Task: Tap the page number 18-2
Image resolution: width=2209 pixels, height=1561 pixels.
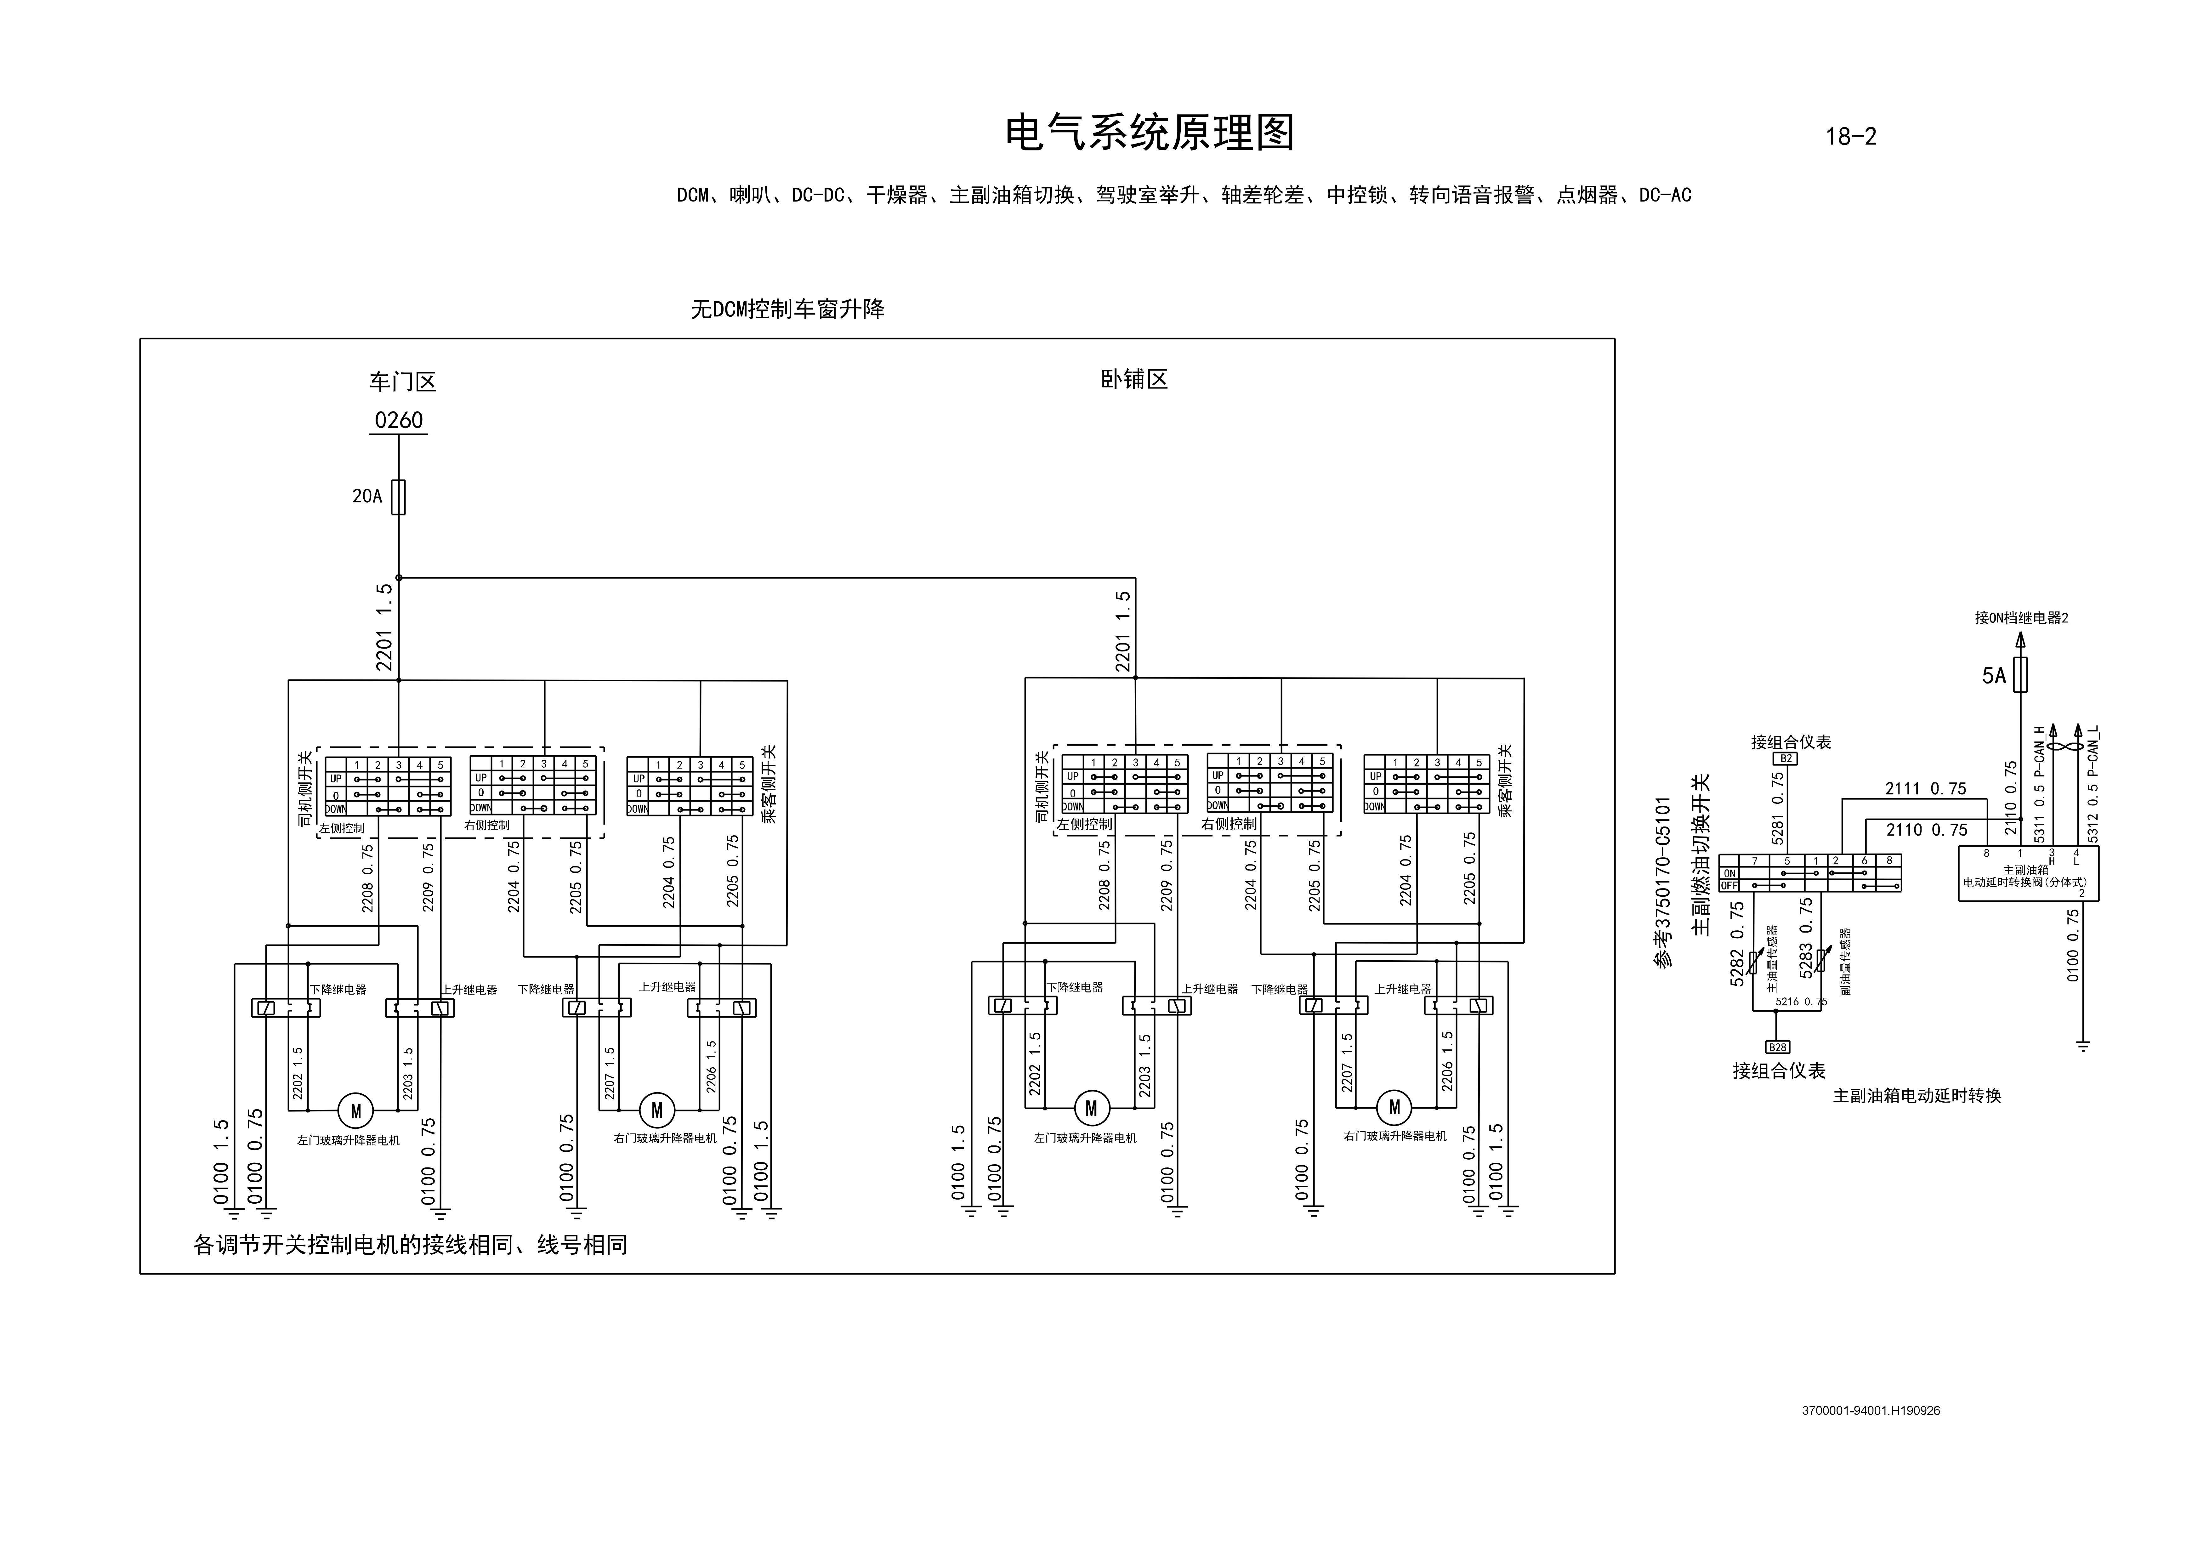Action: [1850, 137]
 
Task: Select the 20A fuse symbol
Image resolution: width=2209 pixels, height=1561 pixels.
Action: [398, 497]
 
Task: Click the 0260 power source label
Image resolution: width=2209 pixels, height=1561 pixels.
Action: [398, 420]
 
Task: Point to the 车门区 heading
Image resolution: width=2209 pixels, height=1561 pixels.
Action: [402, 382]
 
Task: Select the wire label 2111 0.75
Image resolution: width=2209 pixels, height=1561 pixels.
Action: [1925, 789]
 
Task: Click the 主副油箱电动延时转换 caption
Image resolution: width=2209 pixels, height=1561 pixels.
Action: [1917, 1095]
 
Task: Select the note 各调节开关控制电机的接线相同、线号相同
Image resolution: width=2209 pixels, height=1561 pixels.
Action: [411, 1245]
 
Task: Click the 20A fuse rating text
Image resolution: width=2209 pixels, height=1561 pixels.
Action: [366, 496]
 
